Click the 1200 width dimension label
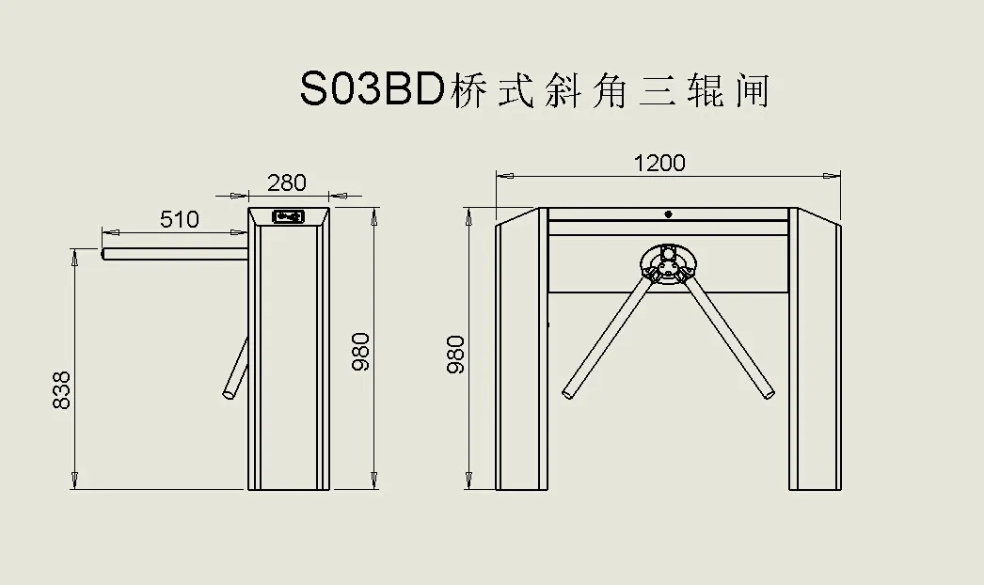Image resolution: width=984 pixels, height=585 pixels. (x=659, y=163)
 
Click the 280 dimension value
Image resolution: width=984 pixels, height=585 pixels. (x=287, y=182)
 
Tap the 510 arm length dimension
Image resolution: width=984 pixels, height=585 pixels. (x=179, y=219)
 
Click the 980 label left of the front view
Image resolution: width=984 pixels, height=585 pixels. (x=457, y=355)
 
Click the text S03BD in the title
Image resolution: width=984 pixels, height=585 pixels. (x=371, y=90)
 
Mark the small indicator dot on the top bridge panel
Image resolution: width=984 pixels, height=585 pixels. (x=668, y=213)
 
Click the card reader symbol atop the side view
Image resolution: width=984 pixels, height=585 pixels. (x=288, y=216)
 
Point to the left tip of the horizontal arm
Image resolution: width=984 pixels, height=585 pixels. (x=104, y=253)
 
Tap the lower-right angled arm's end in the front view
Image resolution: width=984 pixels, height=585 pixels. (x=769, y=391)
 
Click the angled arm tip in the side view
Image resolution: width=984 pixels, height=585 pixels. (x=229, y=393)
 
